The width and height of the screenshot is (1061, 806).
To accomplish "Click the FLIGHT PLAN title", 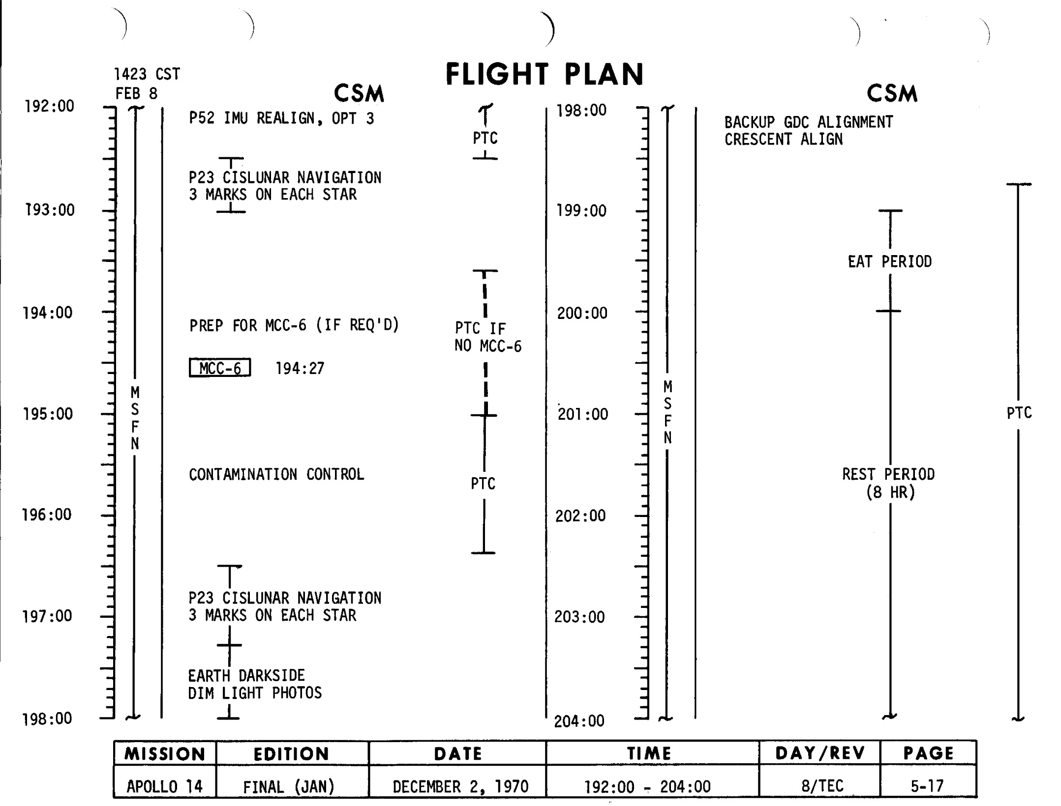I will [545, 75].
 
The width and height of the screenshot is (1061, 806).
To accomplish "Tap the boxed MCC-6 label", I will [220, 368].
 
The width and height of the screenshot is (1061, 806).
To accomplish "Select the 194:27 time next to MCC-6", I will [300, 369].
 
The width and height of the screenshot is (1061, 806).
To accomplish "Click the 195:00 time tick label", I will [48, 414].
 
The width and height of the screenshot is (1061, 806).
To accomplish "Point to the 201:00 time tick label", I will [583, 414].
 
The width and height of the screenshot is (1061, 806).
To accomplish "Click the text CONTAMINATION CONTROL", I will [276, 474].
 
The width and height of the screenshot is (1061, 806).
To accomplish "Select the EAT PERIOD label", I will [889, 261].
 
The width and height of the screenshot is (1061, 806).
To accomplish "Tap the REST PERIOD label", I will [888, 475].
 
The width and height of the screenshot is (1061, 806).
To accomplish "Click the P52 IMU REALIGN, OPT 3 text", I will [281, 118].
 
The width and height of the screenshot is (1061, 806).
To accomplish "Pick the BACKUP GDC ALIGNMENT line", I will [809, 122].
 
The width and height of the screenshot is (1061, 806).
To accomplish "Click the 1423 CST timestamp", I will [147, 75].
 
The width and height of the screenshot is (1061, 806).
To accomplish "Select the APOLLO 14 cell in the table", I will [164, 786].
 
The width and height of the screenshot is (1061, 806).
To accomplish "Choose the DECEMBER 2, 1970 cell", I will [460, 786].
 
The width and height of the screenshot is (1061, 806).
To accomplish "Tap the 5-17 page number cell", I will [927, 786].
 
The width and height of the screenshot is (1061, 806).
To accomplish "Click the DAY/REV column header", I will [819, 753].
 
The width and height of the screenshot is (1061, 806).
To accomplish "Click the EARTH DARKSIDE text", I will [246, 676].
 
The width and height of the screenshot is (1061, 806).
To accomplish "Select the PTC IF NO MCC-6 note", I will [487, 337].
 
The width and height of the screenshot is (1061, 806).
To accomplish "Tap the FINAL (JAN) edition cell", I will [289, 787].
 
